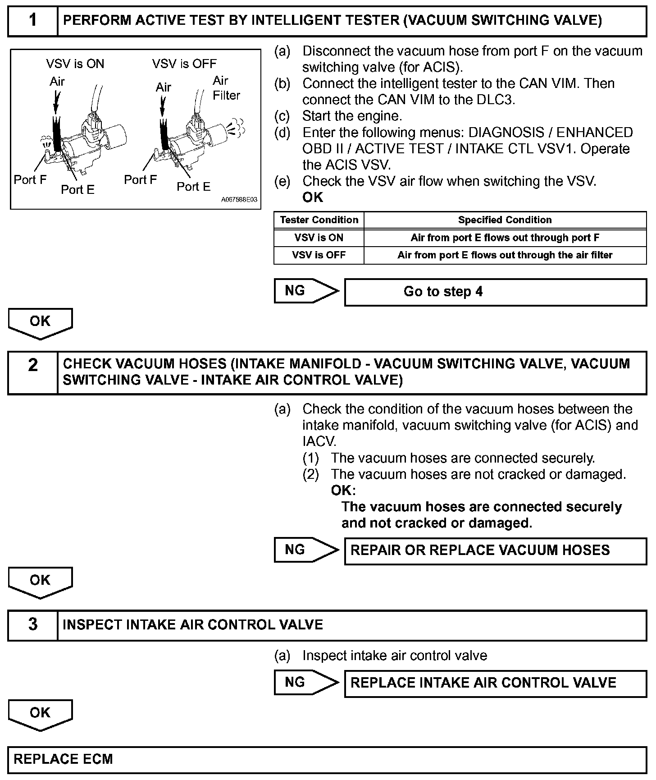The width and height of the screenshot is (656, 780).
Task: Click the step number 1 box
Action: click(x=33, y=21)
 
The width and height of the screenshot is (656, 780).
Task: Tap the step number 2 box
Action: click(x=33, y=372)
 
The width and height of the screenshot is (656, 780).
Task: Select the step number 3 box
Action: click(x=33, y=625)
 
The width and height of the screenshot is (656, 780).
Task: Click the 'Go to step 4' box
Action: click(x=495, y=292)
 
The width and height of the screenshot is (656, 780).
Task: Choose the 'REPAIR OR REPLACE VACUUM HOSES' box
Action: click(x=495, y=551)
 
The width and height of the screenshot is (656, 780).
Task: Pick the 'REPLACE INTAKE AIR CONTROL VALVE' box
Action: click(x=495, y=683)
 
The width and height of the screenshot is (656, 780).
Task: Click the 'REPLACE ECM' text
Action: click(x=64, y=759)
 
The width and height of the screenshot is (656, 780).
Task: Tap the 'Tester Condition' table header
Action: click(x=319, y=220)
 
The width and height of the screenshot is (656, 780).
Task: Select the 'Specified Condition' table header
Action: click(x=505, y=220)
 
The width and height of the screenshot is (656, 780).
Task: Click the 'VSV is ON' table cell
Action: click(x=319, y=238)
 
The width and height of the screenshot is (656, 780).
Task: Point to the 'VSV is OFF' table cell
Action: click(x=319, y=255)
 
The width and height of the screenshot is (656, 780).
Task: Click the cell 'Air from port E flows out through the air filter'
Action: click(x=505, y=255)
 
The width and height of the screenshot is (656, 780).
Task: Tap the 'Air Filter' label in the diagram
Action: click(x=226, y=88)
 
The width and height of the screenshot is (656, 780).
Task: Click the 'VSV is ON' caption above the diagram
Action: click(x=75, y=64)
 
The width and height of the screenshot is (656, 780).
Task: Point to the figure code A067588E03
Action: click(x=239, y=200)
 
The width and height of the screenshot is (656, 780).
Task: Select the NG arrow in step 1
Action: click(x=305, y=291)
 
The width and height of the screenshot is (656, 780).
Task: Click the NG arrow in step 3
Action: click(x=305, y=682)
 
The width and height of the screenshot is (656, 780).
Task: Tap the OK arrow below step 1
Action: click(x=40, y=323)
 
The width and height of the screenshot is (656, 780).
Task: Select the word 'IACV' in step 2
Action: click(x=319, y=441)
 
